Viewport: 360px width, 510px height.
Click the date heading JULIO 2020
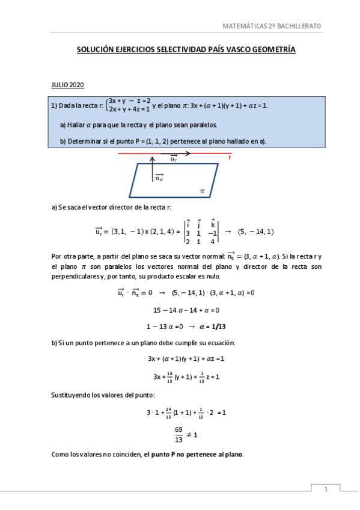point(67,85)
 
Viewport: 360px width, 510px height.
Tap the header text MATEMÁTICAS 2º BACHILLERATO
point(272,26)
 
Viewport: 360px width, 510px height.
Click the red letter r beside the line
point(230,157)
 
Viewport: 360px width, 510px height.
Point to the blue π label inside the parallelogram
point(203,191)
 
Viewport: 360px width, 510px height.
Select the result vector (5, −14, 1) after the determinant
point(255,232)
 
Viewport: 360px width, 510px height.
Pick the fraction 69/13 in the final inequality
point(178,433)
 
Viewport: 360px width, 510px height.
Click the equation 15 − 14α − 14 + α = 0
point(186,310)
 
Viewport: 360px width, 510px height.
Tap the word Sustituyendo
point(74,395)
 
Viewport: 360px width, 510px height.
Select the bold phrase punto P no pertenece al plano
point(198,454)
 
